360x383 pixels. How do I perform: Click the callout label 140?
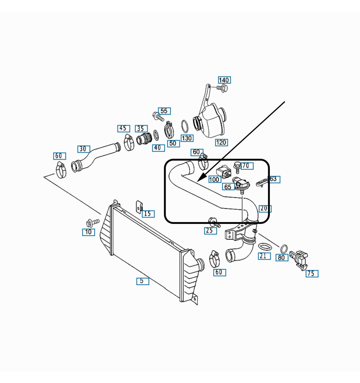(224, 80)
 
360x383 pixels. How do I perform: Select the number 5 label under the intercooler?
(143, 281)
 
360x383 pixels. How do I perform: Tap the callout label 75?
(312, 273)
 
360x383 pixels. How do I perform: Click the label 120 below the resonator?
(221, 143)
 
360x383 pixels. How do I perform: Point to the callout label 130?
(187, 138)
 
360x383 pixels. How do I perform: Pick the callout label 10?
(89, 232)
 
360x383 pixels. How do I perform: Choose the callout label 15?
(148, 214)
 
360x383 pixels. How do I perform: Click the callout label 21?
(263, 256)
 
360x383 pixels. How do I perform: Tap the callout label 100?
(214, 180)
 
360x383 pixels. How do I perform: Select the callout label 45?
(123, 129)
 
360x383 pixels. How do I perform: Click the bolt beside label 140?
(222, 88)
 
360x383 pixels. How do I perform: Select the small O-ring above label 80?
(284, 248)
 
